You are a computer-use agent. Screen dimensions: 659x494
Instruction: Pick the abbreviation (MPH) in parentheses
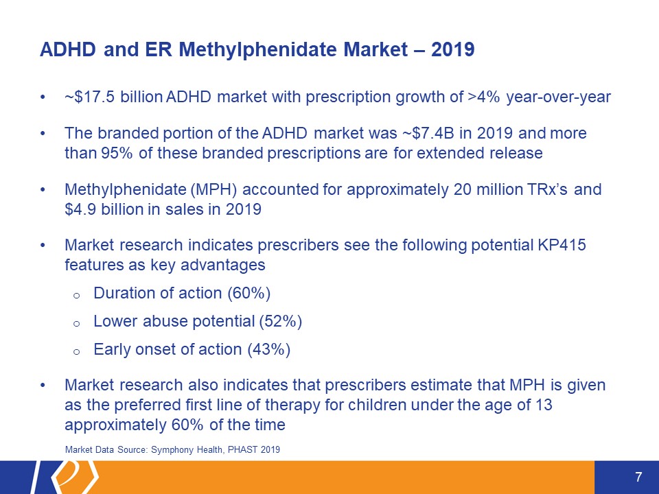pos(214,189)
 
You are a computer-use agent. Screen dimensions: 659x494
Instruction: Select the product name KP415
pos(562,245)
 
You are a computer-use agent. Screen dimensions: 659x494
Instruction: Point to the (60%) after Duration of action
pos(248,293)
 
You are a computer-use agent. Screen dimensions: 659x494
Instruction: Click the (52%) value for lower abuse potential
pos(280,321)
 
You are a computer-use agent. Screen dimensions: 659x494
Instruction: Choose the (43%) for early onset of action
pos(269,349)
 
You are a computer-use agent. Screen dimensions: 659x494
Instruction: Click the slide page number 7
pos(638,477)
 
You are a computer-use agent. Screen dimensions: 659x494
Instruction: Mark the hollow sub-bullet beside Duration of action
pos(76,295)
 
